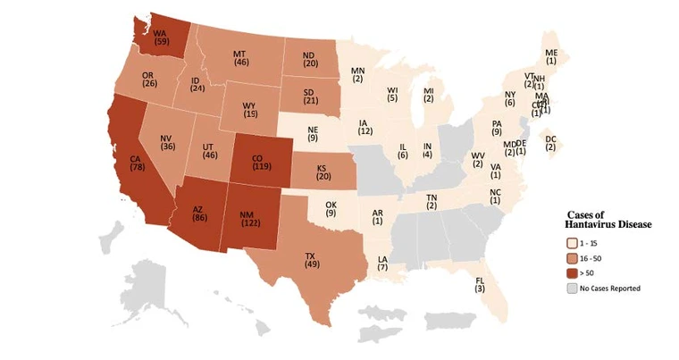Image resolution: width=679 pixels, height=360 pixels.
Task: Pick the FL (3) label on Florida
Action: (480, 284)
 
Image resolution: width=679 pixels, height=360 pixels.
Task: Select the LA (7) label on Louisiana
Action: (382, 263)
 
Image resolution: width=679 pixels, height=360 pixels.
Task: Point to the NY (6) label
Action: (510, 98)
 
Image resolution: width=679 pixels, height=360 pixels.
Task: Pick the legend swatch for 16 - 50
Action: (571, 257)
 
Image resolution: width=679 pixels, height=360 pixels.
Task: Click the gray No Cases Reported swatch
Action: (571, 288)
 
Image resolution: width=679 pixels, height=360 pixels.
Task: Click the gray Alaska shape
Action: (156, 281)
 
